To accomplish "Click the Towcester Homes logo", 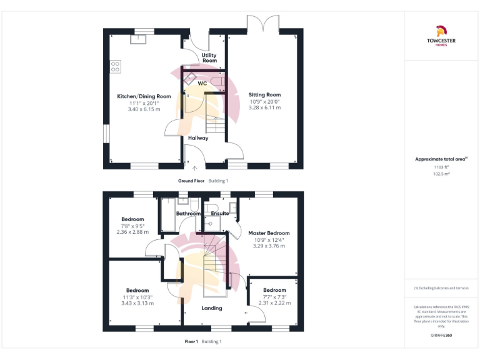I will click(441, 36).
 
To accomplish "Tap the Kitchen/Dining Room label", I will click(144, 96).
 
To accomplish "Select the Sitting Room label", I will click(265, 95).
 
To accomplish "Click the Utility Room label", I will click(209, 58).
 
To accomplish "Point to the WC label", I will click(202, 82).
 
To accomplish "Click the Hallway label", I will click(198, 138).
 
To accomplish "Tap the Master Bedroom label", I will click(269, 233).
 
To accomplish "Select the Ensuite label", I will click(219, 214).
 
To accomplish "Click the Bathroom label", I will click(188, 214).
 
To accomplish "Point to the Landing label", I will click(212, 308).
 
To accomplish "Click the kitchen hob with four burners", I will click(116, 66).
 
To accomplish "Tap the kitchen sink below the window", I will click(138, 39).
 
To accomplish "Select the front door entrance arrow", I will click(194, 167).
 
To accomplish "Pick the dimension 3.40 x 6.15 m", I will click(144, 109).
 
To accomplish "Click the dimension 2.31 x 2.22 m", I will click(274, 302).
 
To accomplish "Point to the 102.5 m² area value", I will click(441, 174).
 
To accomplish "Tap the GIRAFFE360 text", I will click(441, 336).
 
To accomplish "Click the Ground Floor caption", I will click(191, 181).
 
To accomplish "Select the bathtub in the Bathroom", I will click(167, 216).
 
